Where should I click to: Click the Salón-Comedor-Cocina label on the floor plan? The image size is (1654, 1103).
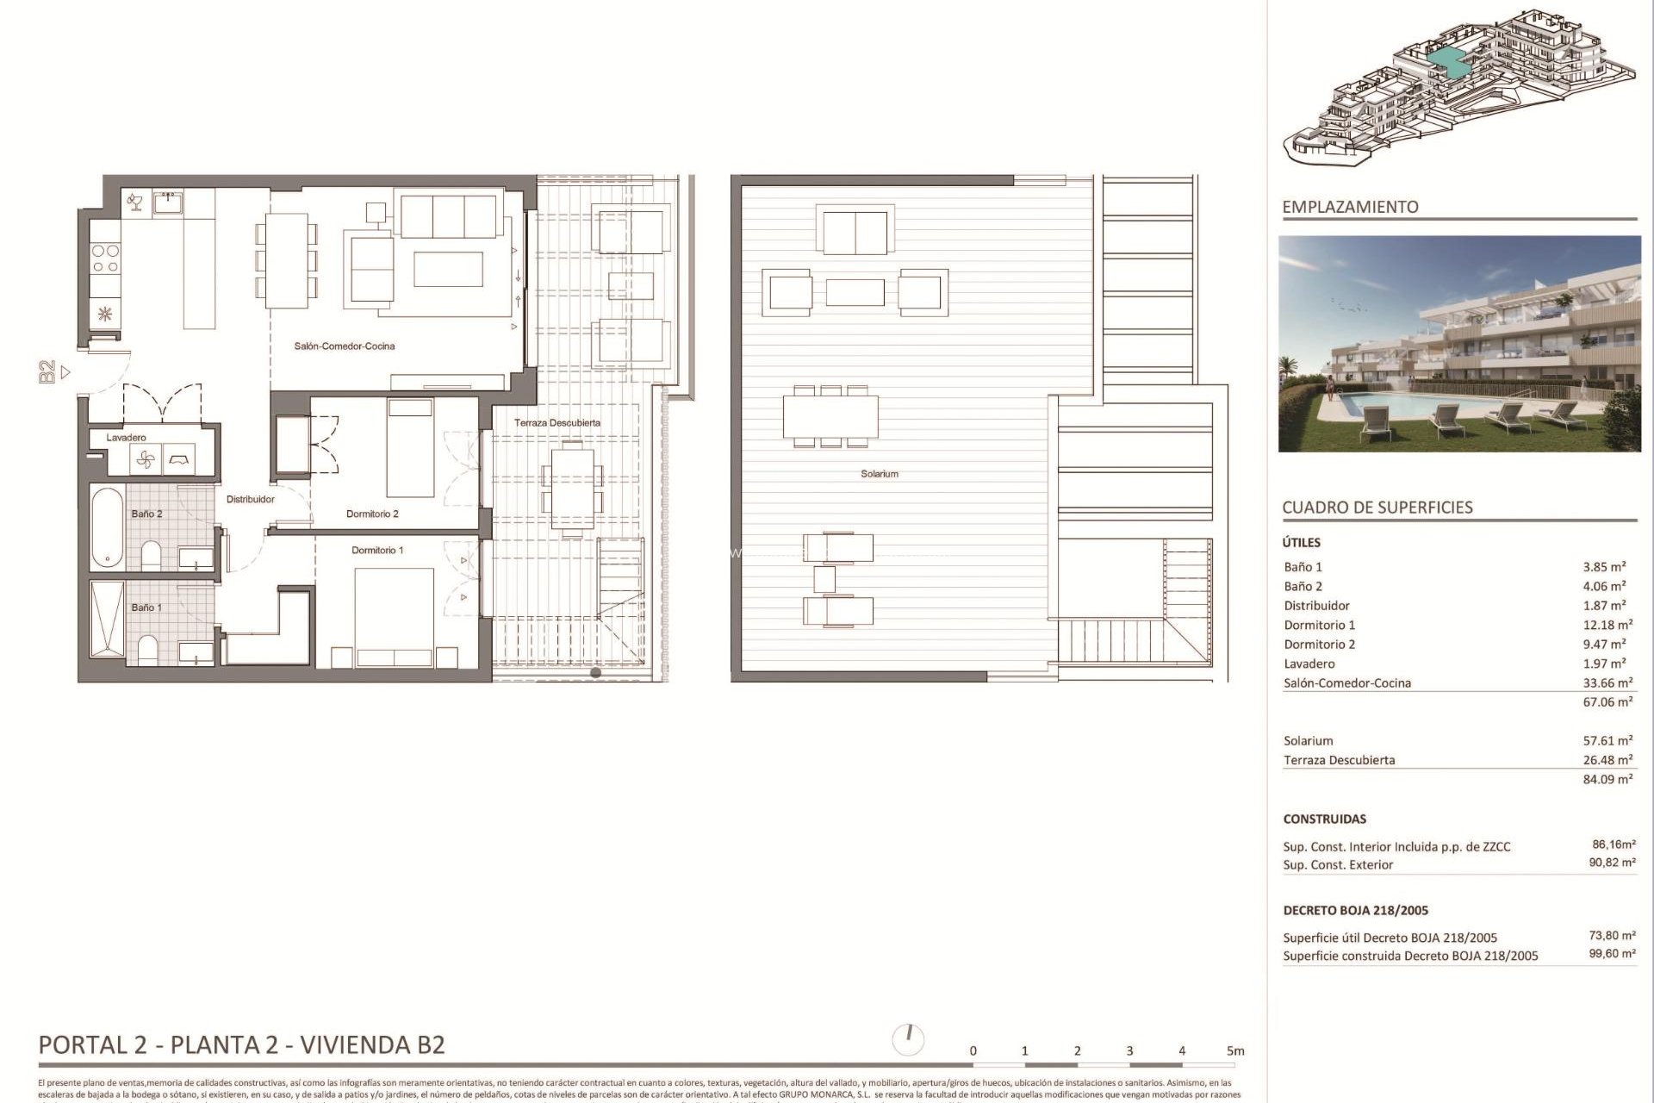tap(345, 346)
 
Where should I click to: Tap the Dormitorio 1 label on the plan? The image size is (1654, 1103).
tap(377, 550)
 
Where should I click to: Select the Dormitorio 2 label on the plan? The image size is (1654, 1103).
tap(372, 514)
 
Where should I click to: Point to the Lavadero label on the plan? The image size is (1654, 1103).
tap(126, 438)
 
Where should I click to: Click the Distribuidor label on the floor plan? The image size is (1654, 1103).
tap(251, 499)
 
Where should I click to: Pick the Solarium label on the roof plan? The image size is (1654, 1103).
tap(879, 474)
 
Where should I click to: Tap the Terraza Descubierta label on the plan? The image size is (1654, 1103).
tap(557, 423)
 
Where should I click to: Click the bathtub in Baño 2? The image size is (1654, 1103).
tap(108, 527)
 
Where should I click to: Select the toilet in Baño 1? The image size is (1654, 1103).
tap(148, 651)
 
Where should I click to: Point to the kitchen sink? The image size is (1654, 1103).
tap(167, 203)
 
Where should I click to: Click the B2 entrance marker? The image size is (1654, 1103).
tap(49, 372)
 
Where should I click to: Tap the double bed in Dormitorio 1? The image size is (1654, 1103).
tap(395, 616)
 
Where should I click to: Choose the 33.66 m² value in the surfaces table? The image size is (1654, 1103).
tap(1607, 683)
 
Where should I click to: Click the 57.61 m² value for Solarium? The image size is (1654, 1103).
tap(1607, 741)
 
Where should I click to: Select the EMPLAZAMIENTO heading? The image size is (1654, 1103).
tap(1350, 207)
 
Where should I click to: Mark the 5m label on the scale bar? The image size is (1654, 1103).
tap(1235, 1051)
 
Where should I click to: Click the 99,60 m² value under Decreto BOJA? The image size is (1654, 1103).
tap(1612, 954)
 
